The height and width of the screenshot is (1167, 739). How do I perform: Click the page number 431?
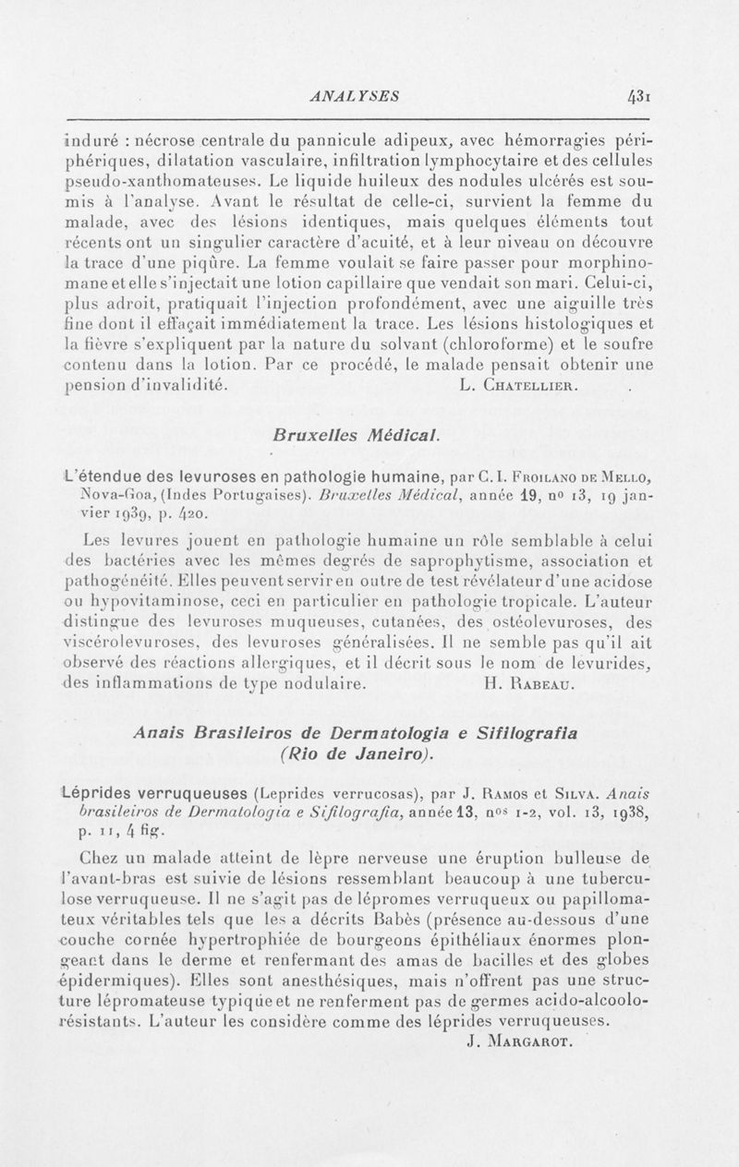click(638, 95)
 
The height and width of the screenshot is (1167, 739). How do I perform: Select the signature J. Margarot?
click(518, 1044)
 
